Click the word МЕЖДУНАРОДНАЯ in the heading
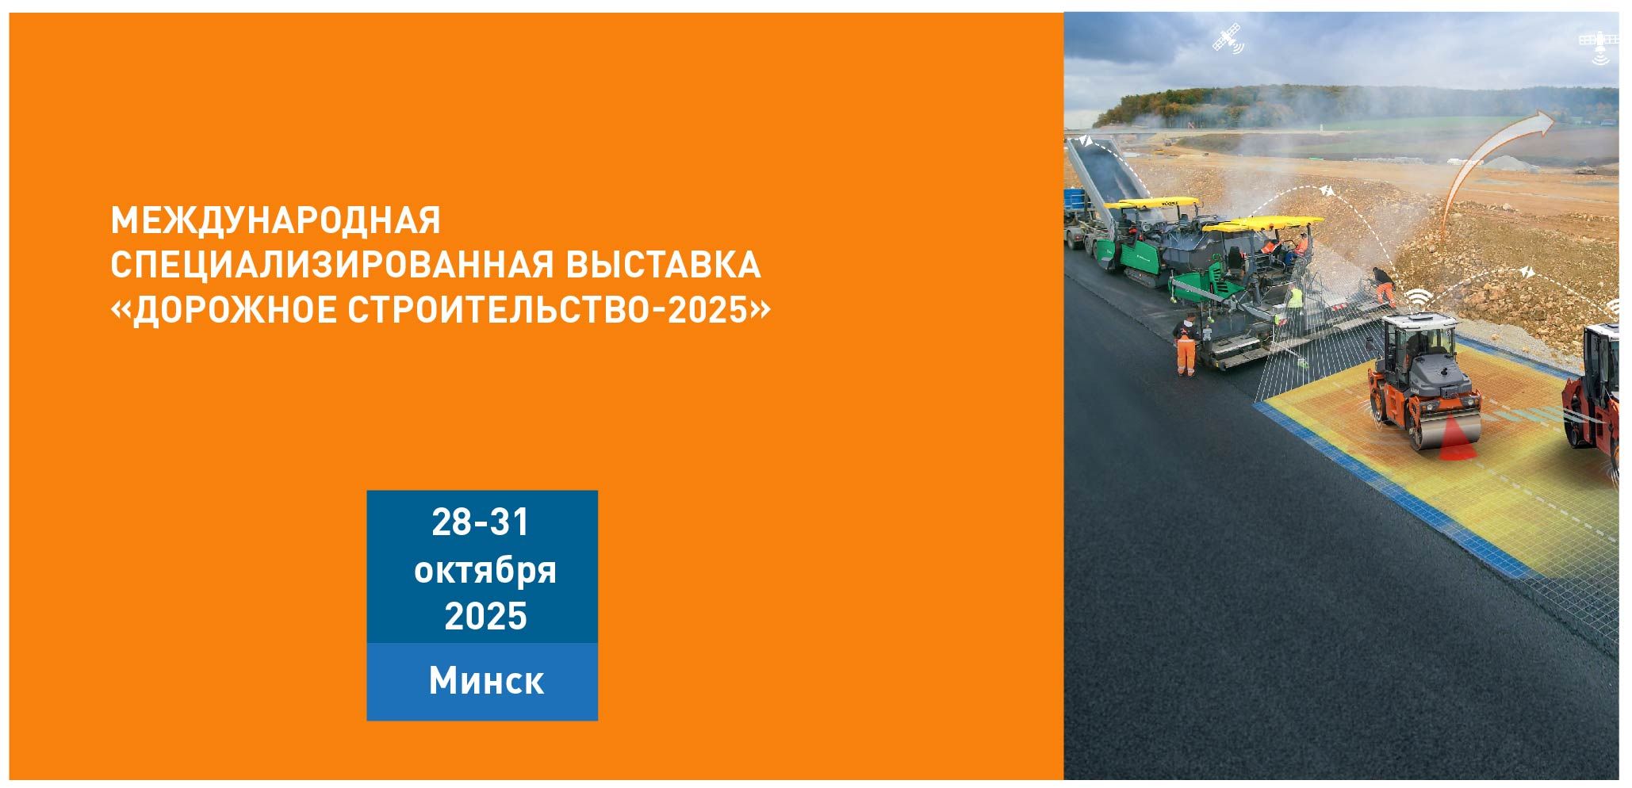point(275,220)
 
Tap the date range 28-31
point(481,523)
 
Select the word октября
point(485,571)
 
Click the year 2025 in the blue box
point(485,616)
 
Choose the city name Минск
point(486,680)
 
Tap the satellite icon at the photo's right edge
point(1599,46)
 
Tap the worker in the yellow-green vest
point(1293,298)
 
